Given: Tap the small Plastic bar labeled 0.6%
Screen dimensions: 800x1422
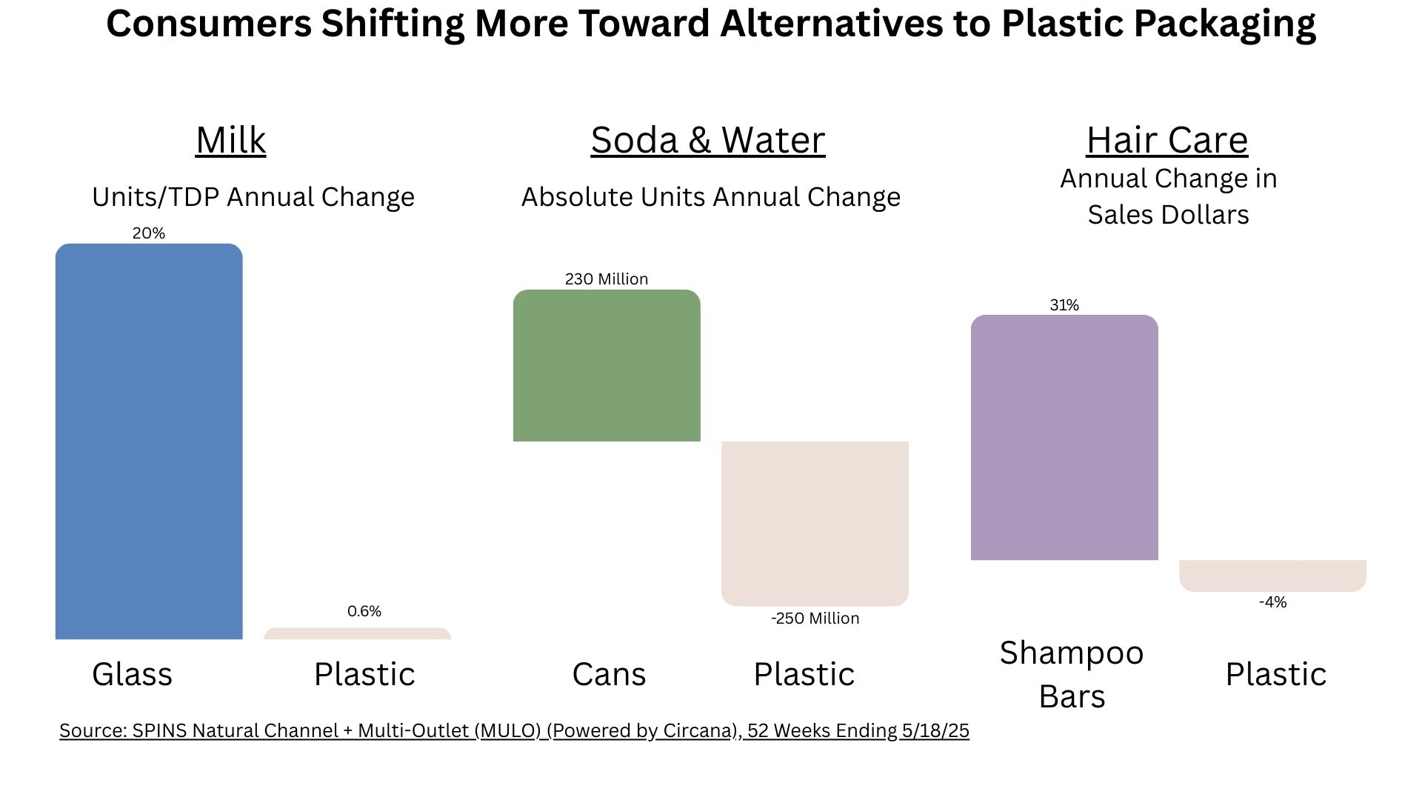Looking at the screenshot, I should pyautogui.click(x=357, y=634).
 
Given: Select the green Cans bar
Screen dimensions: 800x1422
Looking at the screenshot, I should pyautogui.click(x=607, y=366).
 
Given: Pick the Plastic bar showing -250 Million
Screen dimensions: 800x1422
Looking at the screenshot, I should pyautogui.click(x=815, y=523).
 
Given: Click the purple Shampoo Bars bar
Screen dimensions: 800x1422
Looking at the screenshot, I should pyautogui.click(x=1064, y=437).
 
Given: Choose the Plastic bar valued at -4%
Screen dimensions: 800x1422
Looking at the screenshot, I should pyautogui.click(x=1272, y=576).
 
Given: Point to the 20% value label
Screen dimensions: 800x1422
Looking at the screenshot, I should pyautogui.click(x=149, y=233).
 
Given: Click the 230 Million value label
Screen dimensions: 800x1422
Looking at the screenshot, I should pyautogui.click(x=607, y=279).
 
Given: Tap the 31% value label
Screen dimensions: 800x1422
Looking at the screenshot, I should pyautogui.click(x=1064, y=305).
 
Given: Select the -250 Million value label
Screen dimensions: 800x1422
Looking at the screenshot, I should pyautogui.click(x=815, y=619).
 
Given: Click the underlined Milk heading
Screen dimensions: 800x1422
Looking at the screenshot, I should pyautogui.click(x=230, y=140).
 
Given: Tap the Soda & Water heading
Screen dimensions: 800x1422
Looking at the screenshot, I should pyautogui.click(x=707, y=140).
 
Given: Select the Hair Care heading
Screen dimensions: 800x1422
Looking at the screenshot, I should pyautogui.click(x=1166, y=140).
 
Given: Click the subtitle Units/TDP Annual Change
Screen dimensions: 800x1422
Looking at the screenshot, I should pyautogui.click(x=253, y=197).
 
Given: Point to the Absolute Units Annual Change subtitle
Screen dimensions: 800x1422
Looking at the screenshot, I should pyautogui.click(x=710, y=197).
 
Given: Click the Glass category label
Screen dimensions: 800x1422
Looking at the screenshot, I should pyautogui.click(x=132, y=674).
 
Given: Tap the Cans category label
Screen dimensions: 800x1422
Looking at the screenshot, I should pyautogui.click(x=609, y=674).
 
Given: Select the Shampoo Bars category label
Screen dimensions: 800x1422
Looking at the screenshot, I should pyautogui.click(x=1072, y=674).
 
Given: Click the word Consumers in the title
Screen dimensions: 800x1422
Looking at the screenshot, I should pyautogui.click(x=209, y=24).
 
